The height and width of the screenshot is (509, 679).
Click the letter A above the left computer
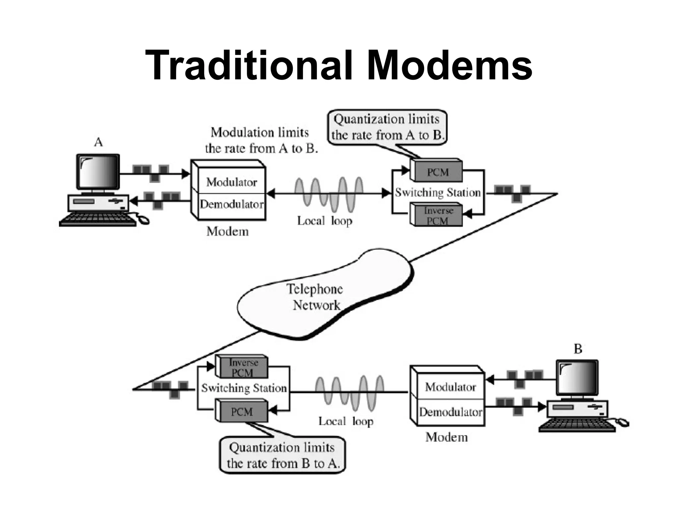(98, 142)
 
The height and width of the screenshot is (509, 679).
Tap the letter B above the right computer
(578, 349)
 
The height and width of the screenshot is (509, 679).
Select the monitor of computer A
(98, 171)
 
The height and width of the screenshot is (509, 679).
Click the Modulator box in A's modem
(231, 182)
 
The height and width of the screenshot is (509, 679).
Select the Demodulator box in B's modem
(450, 412)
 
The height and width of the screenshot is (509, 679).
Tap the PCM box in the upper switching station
(437, 172)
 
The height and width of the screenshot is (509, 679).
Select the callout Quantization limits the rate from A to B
(387, 127)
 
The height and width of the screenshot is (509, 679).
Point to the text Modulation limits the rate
(261, 140)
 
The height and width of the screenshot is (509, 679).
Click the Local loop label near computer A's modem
(324, 221)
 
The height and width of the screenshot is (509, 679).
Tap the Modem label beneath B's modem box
(447, 437)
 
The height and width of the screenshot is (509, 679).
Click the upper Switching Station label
(438, 193)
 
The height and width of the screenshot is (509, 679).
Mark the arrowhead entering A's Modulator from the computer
(186, 173)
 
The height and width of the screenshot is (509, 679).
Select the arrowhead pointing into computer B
(542, 407)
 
